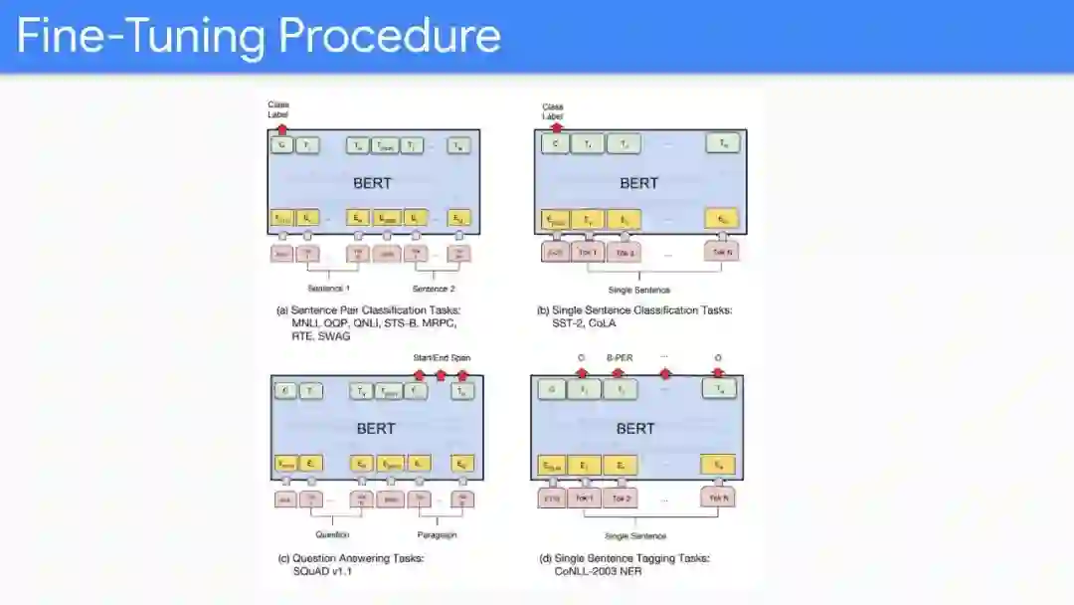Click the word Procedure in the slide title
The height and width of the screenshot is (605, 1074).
390,36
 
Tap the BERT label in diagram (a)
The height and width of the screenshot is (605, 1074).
373,183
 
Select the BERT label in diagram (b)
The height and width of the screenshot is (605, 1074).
638,183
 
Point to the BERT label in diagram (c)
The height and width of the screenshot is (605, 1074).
376,428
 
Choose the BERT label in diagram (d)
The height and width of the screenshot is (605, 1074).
635,428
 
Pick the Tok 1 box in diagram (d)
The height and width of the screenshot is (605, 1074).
583,498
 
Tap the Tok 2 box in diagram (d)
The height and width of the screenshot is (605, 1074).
623,498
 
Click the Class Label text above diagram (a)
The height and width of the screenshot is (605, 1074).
277,109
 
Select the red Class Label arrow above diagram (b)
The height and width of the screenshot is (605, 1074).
556,127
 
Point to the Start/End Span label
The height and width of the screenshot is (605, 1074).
442,357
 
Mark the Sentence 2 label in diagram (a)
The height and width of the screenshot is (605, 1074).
434,289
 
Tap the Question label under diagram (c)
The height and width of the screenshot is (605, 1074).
333,534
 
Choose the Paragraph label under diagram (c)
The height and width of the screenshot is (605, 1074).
436,534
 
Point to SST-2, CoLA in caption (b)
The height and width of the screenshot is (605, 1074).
578,323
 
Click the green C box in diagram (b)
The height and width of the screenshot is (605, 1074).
555,144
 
